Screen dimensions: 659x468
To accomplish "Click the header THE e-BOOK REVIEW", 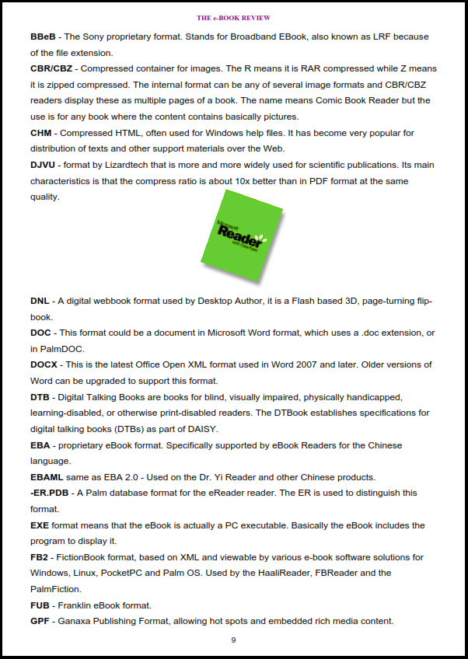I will point(233,17).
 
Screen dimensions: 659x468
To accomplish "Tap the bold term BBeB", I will point(43,37).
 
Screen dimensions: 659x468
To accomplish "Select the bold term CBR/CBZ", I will point(51,68).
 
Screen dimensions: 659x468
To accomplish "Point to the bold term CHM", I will point(41,133).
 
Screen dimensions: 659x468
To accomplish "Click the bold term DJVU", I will point(43,165).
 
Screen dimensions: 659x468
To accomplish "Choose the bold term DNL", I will point(40,301).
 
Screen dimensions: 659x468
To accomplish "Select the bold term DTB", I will point(40,396).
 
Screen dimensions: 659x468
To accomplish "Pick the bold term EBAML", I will point(47,477).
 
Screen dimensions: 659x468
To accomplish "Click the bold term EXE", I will point(40,525).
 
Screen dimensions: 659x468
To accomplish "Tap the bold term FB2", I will point(40,557).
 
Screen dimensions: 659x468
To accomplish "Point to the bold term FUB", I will point(40,605).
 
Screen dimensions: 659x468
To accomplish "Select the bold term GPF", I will point(40,621).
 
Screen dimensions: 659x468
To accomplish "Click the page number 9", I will point(233,640).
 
